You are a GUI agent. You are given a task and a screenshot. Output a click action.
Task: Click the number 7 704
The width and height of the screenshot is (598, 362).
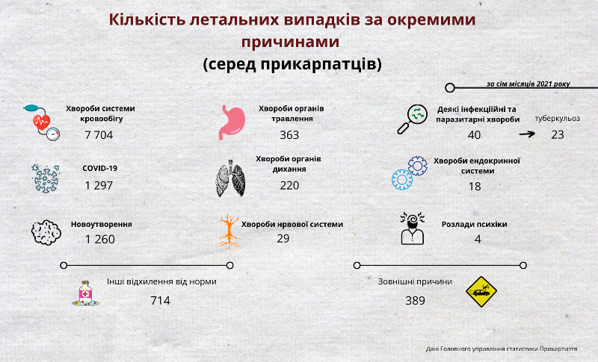[x=99, y=135]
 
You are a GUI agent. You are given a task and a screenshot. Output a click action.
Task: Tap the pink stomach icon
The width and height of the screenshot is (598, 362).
[x=232, y=122]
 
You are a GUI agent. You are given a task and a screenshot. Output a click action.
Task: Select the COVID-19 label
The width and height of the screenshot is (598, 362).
[x=100, y=168]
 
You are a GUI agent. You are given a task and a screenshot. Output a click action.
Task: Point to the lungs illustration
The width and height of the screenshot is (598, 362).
[x=230, y=178]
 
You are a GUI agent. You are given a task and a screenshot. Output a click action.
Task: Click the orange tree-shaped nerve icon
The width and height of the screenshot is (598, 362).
[x=229, y=231]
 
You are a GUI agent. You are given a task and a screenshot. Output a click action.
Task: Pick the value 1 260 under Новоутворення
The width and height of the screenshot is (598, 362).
[x=100, y=240]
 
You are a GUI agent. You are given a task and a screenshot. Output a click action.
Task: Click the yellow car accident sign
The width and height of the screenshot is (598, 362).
[x=481, y=292]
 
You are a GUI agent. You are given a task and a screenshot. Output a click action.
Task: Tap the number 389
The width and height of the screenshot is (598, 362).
[x=416, y=301]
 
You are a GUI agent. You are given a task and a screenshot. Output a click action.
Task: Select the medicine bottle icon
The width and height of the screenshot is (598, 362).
[x=86, y=293]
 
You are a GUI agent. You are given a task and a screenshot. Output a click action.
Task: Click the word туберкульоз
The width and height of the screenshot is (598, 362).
[x=557, y=119]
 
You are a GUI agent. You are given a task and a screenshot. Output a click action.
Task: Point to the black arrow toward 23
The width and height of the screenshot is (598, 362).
[x=527, y=134]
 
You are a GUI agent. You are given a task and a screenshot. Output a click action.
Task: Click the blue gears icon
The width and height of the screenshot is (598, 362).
[x=410, y=173]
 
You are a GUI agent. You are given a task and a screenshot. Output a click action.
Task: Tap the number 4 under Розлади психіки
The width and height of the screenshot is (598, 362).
[x=478, y=240]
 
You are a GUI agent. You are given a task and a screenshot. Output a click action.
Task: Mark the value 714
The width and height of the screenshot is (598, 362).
[x=160, y=301]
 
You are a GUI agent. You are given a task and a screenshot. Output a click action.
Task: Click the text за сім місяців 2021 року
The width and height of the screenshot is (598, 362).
[x=528, y=84]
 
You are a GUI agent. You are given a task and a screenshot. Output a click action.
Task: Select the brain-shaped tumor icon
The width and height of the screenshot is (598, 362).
[x=46, y=232]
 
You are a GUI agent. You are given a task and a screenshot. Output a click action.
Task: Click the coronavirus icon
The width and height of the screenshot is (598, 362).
[x=46, y=178]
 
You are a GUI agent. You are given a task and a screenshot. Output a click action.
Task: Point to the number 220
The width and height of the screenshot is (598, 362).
[x=289, y=186]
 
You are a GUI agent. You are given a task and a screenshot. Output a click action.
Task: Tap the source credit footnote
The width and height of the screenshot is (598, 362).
[x=502, y=349]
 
